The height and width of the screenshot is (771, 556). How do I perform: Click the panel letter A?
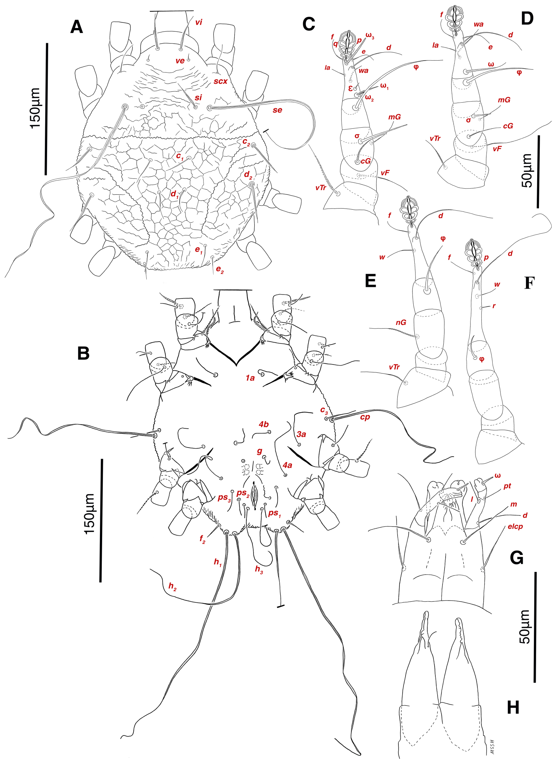point(77,27)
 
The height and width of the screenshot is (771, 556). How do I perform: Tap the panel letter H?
point(513,707)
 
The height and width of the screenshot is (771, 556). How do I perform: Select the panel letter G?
point(517,557)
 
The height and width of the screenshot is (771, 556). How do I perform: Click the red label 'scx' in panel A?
point(220,81)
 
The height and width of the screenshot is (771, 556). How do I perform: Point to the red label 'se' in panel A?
point(277,110)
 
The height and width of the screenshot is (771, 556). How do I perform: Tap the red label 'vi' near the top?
point(198,22)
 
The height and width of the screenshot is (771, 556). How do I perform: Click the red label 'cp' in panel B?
point(365,417)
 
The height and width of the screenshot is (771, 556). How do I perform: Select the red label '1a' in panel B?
point(250,378)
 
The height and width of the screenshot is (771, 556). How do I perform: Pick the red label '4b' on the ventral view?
point(264,424)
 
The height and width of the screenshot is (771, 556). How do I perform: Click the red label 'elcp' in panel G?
point(515,526)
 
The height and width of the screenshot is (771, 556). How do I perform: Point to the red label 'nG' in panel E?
point(401,322)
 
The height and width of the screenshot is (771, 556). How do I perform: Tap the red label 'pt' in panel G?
point(507,486)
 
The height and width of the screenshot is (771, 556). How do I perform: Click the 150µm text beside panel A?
point(36,108)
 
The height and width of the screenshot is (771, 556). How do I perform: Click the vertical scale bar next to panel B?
point(101,520)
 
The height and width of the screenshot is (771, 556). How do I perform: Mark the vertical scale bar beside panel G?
point(535,627)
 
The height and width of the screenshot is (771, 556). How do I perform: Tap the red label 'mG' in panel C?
point(394,117)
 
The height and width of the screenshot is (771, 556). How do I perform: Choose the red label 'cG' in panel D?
point(508,126)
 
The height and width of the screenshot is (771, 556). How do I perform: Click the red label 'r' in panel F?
point(494,306)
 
